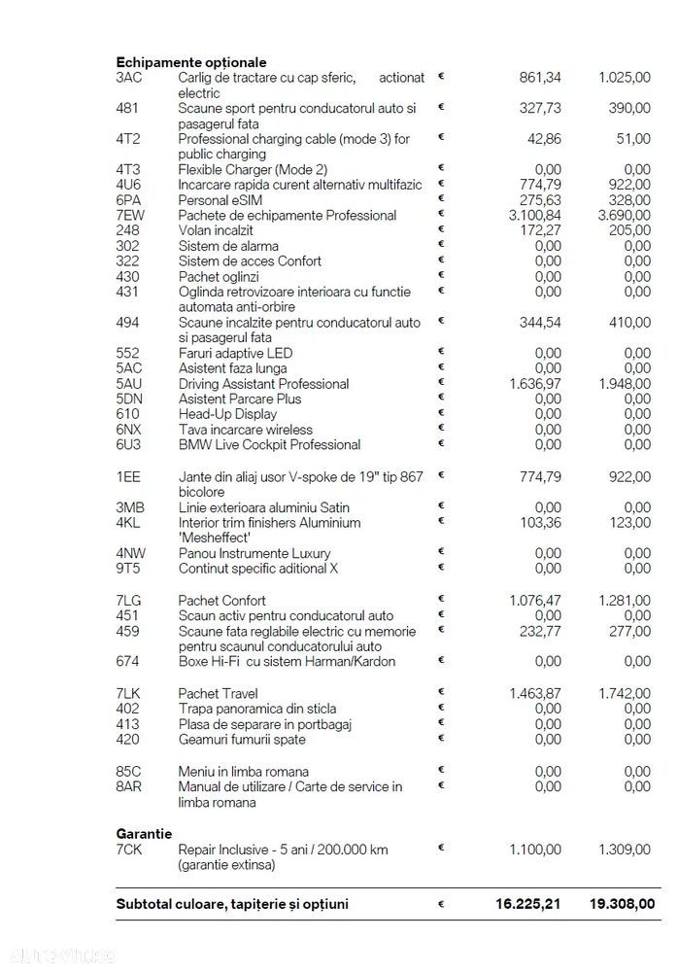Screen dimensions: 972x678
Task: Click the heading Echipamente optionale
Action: click(190, 62)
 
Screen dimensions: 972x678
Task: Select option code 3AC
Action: click(128, 78)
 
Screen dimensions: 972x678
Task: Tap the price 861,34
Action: click(535, 78)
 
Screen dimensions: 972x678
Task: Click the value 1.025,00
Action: click(625, 78)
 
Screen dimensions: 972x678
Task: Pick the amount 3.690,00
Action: click(625, 215)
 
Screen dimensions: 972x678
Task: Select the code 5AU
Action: click(128, 384)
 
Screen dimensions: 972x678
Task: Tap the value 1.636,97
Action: click(535, 384)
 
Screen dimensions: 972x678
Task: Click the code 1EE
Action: click(127, 476)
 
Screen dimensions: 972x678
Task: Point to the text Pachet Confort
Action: click(221, 601)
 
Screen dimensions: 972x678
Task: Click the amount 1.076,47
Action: click(535, 601)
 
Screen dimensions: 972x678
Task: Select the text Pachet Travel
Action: click(218, 693)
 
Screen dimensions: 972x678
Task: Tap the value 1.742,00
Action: click(625, 693)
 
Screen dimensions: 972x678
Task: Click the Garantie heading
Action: click(144, 834)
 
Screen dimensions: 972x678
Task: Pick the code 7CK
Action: click(128, 850)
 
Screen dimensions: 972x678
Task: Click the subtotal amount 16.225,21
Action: click(528, 904)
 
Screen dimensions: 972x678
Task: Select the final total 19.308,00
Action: click(622, 904)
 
